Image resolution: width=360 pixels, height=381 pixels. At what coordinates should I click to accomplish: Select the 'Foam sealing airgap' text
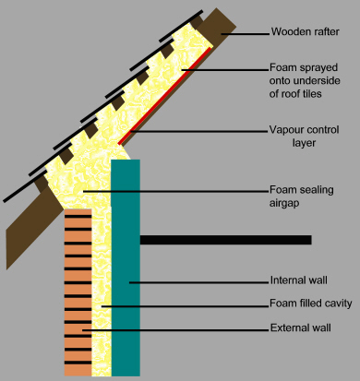(301, 196)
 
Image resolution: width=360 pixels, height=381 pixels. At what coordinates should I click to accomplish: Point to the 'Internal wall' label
(298, 280)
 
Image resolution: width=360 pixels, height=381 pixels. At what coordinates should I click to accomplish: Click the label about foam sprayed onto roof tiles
(305, 78)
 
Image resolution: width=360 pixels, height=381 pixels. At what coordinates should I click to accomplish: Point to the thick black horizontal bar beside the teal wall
(225, 240)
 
